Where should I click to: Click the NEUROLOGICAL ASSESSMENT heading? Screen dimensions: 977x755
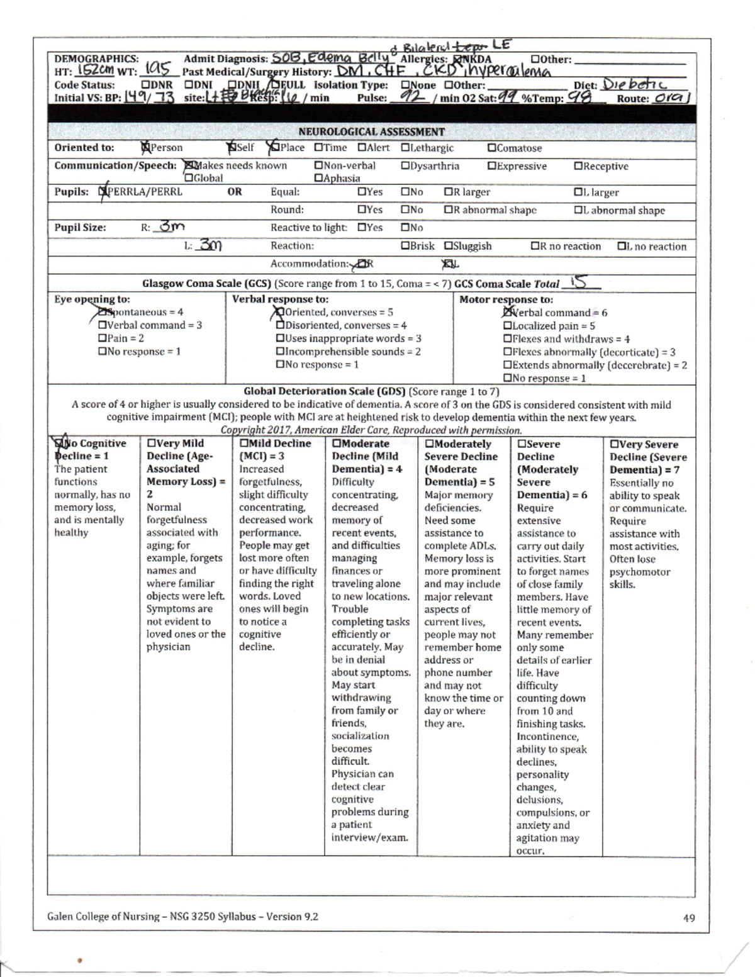point(371,131)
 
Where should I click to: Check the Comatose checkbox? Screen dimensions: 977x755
point(491,148)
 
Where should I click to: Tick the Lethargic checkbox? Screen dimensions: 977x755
point(405,148)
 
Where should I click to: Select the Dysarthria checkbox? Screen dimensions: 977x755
point(405,166)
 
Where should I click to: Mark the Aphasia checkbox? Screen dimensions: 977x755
point(318,179)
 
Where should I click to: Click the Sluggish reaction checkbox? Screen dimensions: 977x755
point(448,246)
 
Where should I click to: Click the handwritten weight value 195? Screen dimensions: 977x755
point(157,70)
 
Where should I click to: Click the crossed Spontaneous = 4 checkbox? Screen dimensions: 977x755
point(103,312)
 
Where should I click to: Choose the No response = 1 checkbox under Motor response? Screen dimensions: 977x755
point(507,378)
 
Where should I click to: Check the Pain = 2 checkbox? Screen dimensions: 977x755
point(102,338)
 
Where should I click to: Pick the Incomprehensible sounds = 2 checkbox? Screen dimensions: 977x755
point(280,352)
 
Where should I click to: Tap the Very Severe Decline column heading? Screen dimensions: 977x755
point(647,457)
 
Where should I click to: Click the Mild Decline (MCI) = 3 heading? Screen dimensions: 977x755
point(275,450)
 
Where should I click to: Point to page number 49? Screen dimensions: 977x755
point(689,918)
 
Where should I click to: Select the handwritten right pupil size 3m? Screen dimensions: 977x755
point(171,227)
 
